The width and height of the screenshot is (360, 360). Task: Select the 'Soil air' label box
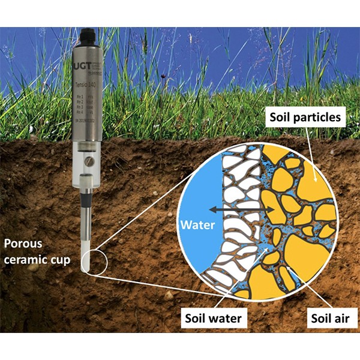(x=327, y=318)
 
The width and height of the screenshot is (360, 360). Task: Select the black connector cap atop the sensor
(x=88, y=34)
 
